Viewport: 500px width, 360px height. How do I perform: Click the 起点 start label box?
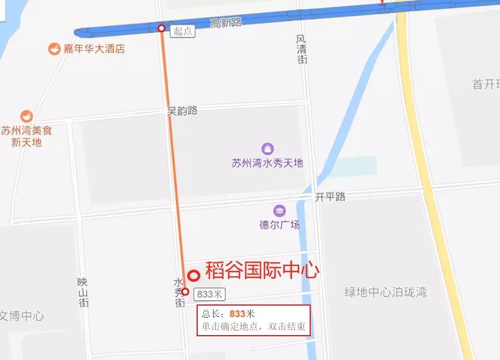183,31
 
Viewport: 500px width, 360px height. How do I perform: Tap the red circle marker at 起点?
161,28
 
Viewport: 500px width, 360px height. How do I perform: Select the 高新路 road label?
226,23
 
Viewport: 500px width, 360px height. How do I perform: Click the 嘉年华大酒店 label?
94,49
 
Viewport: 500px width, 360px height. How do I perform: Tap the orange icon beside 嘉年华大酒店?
54,49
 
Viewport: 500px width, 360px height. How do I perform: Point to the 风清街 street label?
301,50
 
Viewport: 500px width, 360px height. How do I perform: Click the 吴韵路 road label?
182,110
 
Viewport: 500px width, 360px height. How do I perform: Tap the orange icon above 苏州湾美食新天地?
26,116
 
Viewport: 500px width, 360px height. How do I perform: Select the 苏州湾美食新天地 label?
26,136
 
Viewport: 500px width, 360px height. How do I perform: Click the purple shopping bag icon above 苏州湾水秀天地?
268,149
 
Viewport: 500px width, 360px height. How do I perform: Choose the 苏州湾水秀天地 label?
267,163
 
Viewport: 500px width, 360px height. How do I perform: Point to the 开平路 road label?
330,197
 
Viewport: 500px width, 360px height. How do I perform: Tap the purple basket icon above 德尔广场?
279,210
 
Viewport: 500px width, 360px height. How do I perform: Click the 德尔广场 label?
279,225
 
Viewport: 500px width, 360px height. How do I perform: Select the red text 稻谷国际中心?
262,271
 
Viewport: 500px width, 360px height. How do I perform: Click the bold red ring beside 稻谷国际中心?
194,275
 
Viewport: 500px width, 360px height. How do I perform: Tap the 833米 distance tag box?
210,294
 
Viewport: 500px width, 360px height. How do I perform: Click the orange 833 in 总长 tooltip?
237,313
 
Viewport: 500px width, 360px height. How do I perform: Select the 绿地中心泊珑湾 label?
385,292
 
